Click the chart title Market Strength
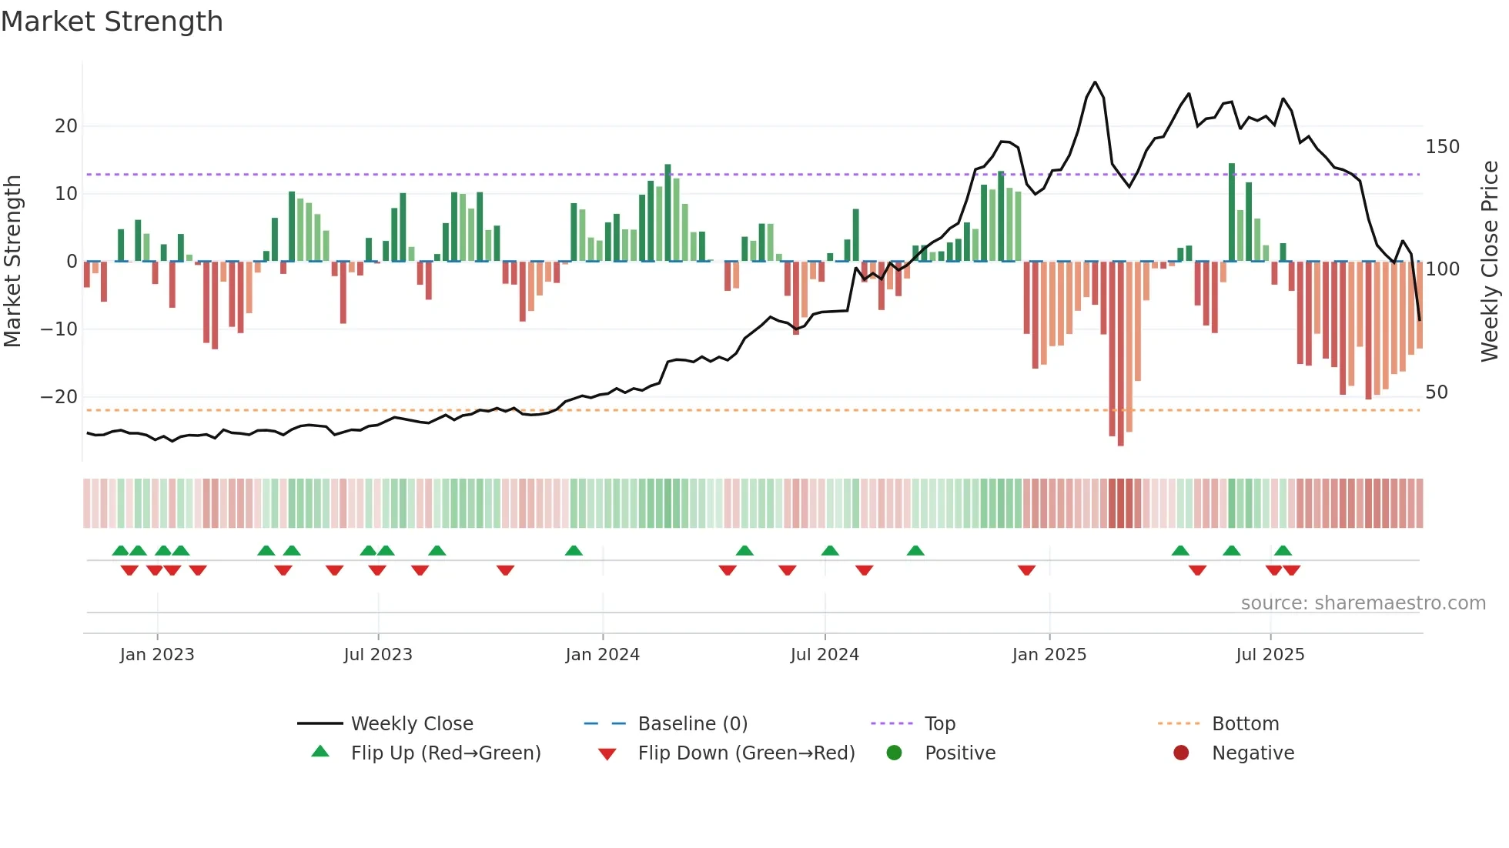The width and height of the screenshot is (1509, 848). pos(112,22)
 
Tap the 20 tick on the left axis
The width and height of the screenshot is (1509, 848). pos(66,126)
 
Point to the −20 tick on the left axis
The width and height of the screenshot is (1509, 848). pos(60,397)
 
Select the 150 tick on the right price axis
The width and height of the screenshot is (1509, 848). pos(1442,147)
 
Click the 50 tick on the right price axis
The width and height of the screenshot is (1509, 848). pos(1437,392)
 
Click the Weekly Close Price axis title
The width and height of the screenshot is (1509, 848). pos(1490,262)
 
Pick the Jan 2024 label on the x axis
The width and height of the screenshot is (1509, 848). pos(602,655)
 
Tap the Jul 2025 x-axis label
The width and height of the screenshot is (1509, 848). pos(1270,655)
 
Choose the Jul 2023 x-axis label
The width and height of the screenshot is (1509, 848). pos(378,655)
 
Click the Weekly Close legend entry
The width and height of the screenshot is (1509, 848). pos(412,724)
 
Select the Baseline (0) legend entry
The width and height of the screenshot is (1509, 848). pos(692,724)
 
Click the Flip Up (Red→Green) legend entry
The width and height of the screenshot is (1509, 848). pos(445,753)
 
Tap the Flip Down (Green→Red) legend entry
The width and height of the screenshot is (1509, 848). pos(746,753)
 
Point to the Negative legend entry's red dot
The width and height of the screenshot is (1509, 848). pos(1181,753)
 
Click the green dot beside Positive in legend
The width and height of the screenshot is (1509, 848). pos(894,753)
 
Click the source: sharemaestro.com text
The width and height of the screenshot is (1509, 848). pos(1363,603)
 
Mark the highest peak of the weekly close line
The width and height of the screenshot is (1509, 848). pos(1095,82)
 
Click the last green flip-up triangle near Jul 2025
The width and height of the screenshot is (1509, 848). pos(1283,551)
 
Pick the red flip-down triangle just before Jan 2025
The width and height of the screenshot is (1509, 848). pos(1026,570)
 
